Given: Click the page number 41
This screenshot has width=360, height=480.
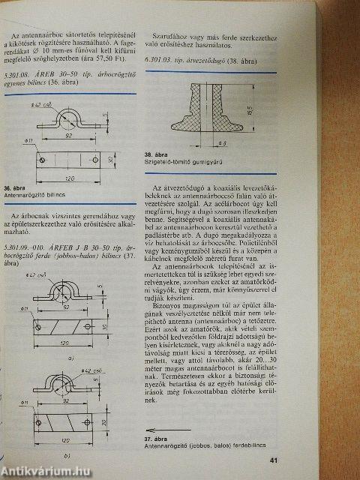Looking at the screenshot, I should pyautogui.click(x=337, y=460).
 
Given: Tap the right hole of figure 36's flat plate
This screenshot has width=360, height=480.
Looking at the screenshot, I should pyautogui.click(x=98, y=159).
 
